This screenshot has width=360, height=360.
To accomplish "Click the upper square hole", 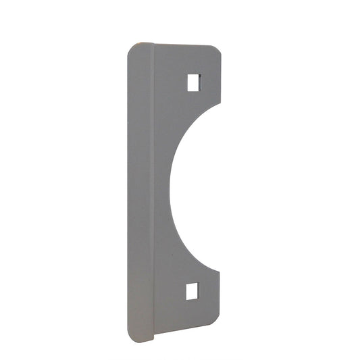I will [x=192, y=82].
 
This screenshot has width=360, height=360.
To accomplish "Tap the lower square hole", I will [x=192, y=291].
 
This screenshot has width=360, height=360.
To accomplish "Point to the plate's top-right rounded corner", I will [x=216, y=50].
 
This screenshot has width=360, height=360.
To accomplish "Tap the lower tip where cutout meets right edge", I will [x=220, y=271].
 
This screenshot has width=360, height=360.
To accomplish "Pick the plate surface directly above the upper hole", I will [x=192, y=61].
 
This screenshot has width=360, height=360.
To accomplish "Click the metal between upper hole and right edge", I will [x=210, y=82].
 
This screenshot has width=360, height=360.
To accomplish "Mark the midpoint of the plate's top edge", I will [x=186, y=46].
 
